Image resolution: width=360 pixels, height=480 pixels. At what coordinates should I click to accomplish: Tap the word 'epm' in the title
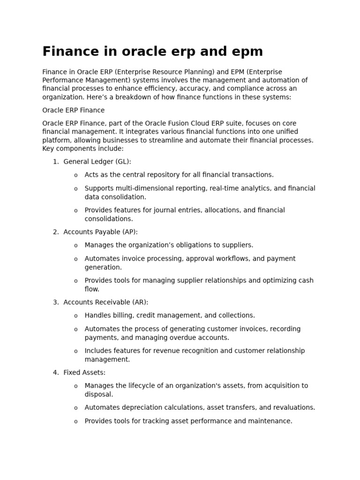(x=245, y=52)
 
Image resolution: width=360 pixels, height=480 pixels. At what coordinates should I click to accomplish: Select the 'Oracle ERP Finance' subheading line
(x=74, y=110)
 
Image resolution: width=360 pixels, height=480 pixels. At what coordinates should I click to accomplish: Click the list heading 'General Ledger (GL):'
(x=97, y=162)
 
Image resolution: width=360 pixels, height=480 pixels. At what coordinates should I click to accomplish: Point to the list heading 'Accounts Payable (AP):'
(x=100, y=232)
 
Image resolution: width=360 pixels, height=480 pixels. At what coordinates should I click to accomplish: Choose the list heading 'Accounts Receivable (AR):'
(x=105, y=302)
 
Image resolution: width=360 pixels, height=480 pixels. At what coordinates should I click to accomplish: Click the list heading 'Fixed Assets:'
(x=84, y=373)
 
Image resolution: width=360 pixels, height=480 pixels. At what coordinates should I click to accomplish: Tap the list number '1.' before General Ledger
(x=56, y=162)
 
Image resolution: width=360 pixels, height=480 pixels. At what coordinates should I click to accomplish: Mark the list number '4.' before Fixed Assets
(x=56, y=373)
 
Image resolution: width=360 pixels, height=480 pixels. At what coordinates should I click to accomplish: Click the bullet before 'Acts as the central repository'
(x=76, y=175)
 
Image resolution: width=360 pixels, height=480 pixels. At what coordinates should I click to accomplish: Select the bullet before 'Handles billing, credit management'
(x=76, y=316)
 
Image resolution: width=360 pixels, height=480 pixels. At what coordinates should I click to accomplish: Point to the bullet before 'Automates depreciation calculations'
(x=76, y=408)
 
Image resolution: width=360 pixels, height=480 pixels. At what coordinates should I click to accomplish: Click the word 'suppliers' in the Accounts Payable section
(x=237, y=245)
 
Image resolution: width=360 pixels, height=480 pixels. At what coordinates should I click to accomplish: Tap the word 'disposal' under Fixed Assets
(x=98, y=394)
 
